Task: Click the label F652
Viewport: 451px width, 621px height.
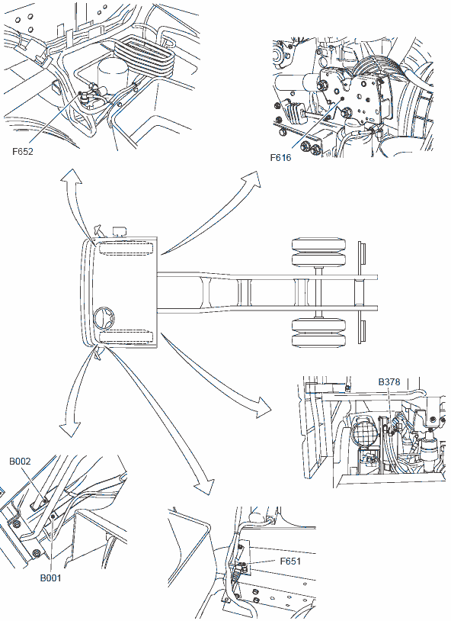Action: tap(23, 151)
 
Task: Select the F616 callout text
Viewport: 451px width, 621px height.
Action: tap(280, 158)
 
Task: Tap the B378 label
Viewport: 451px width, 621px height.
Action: tap(389, 381)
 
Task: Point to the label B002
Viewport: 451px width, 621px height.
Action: tap(20, 462)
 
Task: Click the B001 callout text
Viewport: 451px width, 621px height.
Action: tap(50, 578)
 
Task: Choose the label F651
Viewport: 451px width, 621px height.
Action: tap(290, 561)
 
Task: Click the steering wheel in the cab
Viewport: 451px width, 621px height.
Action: tap(105, 317)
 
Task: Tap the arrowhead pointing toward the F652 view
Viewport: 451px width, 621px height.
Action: tap(71, 175)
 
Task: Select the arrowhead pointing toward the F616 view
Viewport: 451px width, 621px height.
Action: tap(252, 180)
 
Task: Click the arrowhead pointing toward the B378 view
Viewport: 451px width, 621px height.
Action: tap(262, 407)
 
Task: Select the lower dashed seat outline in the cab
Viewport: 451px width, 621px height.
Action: tap(126, 337)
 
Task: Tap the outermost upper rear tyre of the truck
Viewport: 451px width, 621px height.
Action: tap(319, 244)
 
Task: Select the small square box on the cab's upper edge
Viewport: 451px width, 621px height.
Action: tap(119, 231)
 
